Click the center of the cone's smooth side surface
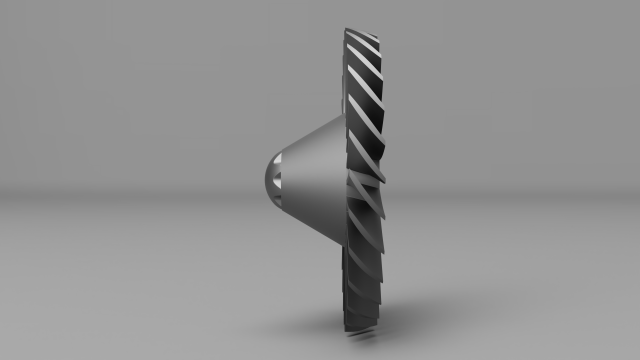(x=310, y=180)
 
